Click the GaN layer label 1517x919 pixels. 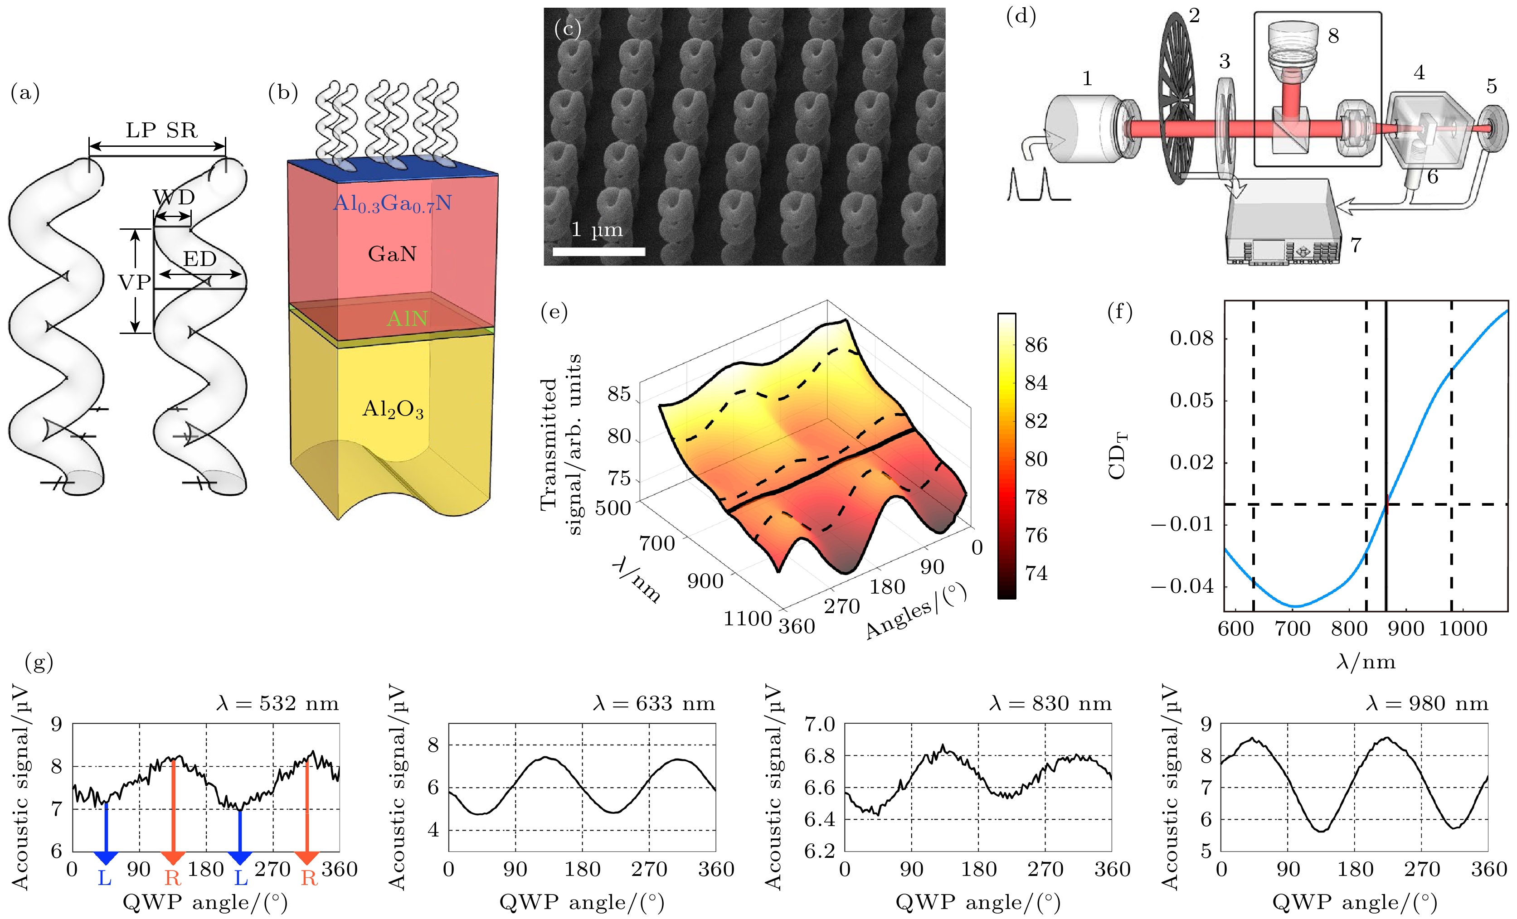392,254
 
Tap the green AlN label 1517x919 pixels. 407,318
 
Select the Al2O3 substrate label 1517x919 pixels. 393,409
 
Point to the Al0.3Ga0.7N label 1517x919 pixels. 392,203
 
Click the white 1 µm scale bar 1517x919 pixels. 598,251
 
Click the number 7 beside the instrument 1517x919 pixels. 1356,245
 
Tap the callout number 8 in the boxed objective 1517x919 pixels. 1333,36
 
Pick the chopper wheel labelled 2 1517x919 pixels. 1177,98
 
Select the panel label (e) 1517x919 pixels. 554,312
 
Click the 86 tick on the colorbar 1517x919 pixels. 1036,345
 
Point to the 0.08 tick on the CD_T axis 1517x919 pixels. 1191,338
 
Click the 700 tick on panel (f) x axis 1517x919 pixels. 1292,629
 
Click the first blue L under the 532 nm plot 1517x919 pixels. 105,878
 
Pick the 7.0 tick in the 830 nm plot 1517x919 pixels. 819,724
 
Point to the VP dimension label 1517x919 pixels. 134,282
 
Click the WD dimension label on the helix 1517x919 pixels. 174,197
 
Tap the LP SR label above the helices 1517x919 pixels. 161,131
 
